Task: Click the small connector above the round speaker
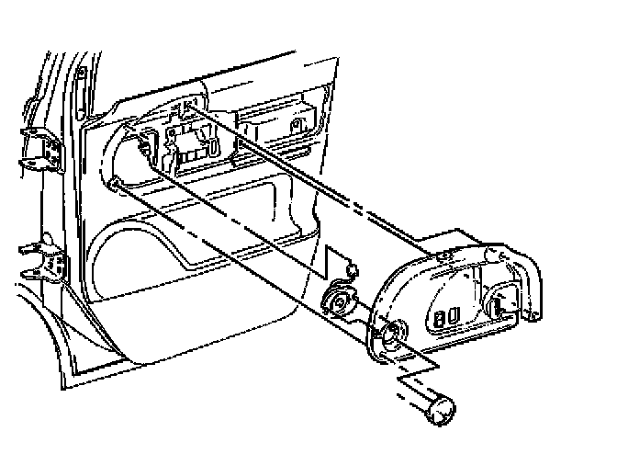tap(349, 268)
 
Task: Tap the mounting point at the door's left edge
tap(117, 185)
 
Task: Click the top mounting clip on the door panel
tap(184, 108)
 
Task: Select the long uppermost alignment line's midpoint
tap(312, 180)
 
